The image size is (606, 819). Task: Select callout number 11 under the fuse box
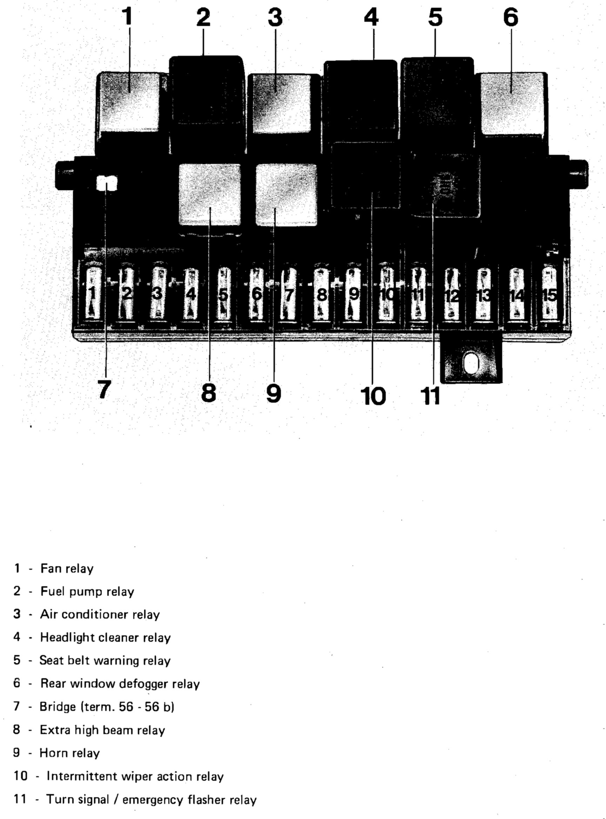pos(431,396)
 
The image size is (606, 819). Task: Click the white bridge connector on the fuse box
pos(106,183)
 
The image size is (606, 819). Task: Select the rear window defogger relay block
pos(512,103)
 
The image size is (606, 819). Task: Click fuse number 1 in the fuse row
pos(92,294)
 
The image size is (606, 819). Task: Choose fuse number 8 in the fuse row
pos(322,294)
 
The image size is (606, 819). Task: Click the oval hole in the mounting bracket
pos(471,363)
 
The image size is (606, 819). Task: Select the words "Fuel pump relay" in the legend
pos(87,592)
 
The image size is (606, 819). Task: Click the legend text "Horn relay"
pos(69,753)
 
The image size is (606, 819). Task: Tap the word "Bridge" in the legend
pos(58,707)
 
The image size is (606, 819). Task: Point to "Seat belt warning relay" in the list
pos(105,660)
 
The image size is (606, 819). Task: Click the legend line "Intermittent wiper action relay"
pos(135,777)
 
